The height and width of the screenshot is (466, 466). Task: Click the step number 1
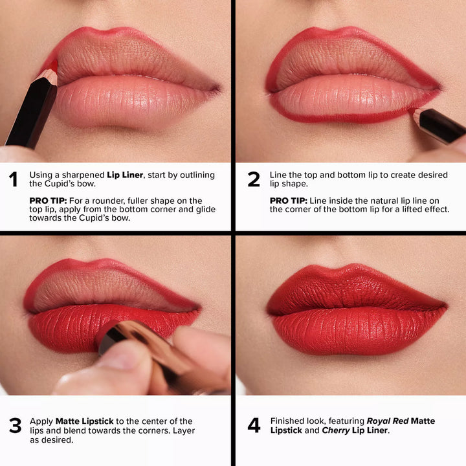pyautogui.click(x=13, y=179)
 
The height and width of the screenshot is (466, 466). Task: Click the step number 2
pyautogui.click(x=254, y=179)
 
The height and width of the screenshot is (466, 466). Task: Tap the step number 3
pyautogui.click(x=14, y=425)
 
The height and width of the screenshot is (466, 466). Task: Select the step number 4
pyautogui.click(x=254, y=425)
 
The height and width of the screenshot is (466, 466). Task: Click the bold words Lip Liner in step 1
pyautogui.click(x=125, y=175)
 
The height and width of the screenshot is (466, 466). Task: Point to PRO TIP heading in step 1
pyautogui.click(x=47, y=201)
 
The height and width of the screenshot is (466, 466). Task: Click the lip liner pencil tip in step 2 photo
pyautogui.click(x=414, y=113)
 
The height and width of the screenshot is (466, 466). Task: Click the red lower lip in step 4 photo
pyautogui.click(x=356, y=330)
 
